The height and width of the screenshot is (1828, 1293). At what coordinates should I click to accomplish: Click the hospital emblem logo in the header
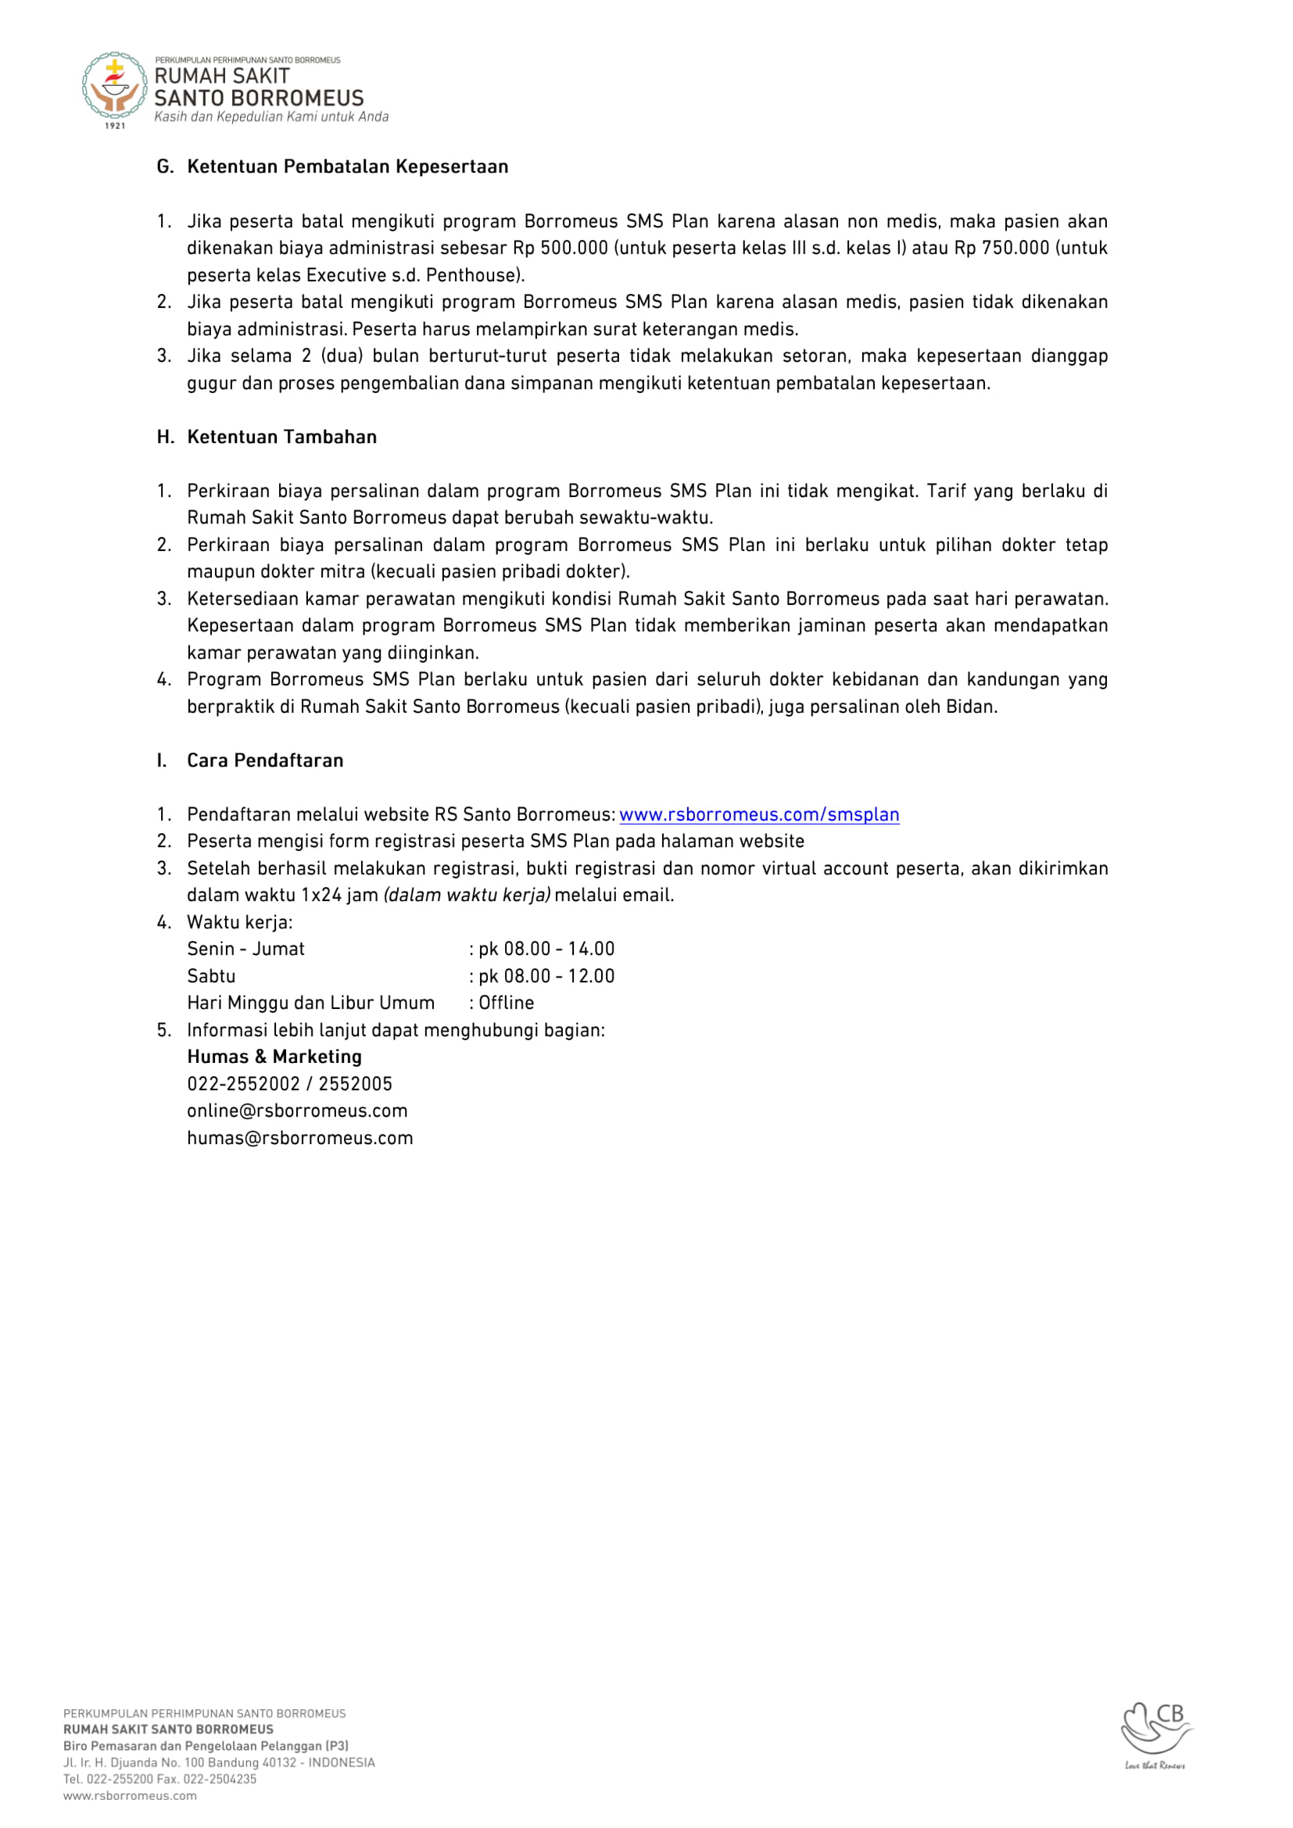pos(115,87)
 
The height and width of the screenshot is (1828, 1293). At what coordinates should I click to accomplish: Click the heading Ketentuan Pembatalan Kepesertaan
pos(347,166)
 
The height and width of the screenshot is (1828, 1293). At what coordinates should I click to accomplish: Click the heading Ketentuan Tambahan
pos(282,436)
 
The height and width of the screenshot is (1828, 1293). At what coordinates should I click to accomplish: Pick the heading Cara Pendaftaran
pos(265,760)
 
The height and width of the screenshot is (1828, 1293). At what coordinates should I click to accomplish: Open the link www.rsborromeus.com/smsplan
pos(759,814)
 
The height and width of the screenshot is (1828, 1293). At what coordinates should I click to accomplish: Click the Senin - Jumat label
pos(245,949)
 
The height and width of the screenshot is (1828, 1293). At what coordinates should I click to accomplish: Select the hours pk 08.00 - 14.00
pos(546,949)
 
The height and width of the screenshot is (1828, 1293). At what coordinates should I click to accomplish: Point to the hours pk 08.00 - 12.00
pos(546,976)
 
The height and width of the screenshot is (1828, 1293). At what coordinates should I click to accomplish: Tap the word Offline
pos(506,1003)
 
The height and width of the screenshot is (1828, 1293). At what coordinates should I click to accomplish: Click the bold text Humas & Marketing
pos(274,1057)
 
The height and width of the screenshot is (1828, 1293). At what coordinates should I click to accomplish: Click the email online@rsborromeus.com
pos(297,1111)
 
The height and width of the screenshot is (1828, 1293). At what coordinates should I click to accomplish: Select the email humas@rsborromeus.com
pos(300,1138)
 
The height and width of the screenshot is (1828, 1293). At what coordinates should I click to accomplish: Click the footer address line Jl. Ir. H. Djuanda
pos(219,1762)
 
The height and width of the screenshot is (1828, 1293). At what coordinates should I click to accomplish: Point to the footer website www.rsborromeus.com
pos(130,1795)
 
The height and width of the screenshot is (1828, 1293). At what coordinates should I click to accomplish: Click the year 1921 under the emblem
pos(116,126)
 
